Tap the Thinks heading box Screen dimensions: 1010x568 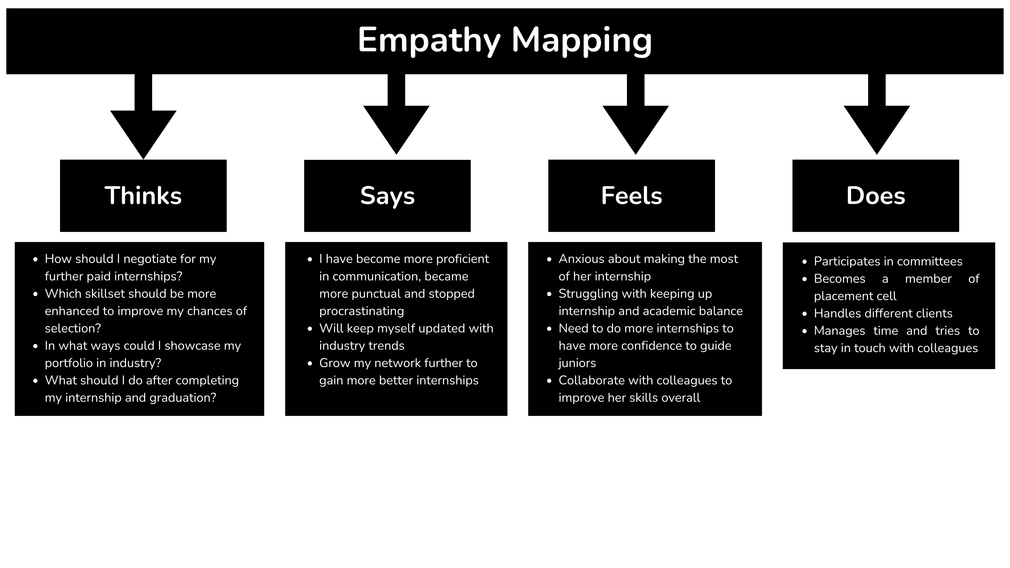click(143, 196)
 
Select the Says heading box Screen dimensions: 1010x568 click(387, 196)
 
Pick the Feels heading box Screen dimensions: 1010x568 click(632, 196)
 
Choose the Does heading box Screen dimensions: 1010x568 click(876, 196)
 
